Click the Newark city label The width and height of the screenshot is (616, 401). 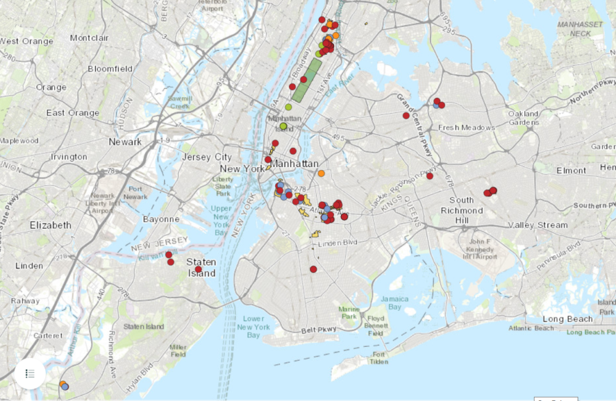coord(125,142)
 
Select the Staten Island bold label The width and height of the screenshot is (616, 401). coord(201,268)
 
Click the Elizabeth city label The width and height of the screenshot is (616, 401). coord(50,225)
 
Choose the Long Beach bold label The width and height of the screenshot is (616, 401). coord(567,319)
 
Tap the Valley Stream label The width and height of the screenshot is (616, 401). coord(538,225)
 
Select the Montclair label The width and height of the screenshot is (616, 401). coord(89,38)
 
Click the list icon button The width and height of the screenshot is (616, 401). coord(30,374)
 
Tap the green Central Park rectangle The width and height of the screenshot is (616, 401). coord(307,80)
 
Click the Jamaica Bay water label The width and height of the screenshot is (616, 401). coord(395,302)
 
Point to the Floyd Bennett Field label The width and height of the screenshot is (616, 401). coord(375,326)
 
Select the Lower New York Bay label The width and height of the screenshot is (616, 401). coord(253,327)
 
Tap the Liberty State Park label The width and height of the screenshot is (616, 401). coord(224,185)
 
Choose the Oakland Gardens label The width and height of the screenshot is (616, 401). coord(524,118)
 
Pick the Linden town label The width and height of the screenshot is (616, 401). coord(29,266)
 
